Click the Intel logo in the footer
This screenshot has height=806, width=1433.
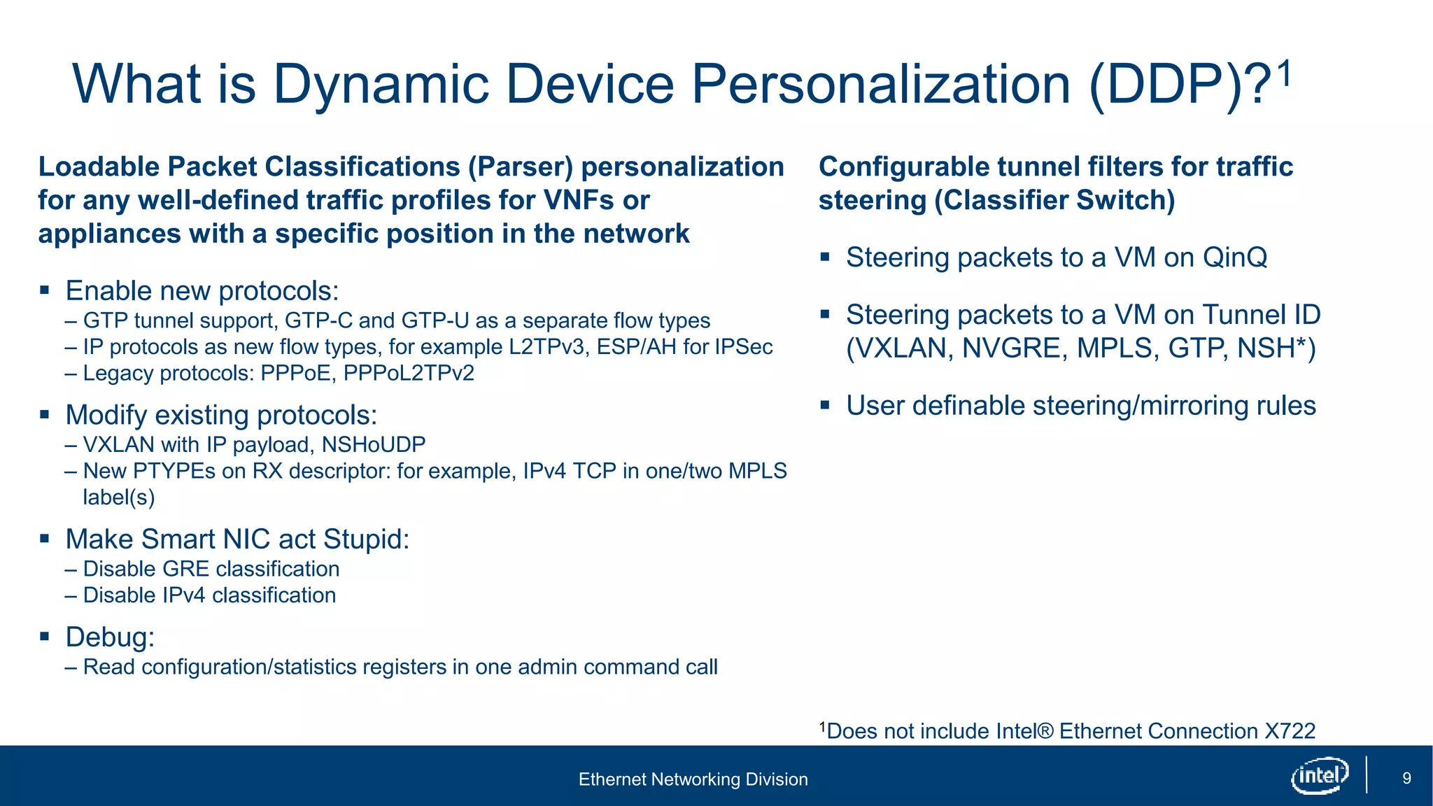click(1320, 776)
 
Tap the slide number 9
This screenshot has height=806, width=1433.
click(1406, 778)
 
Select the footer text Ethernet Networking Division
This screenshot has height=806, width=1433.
click(693, 779)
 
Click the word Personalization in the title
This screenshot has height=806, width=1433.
click(881, 85)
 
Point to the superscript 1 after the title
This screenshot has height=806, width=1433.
click(1283, 73)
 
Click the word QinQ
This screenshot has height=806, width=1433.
click(1234, 257)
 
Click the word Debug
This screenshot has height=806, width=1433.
click(109, 637)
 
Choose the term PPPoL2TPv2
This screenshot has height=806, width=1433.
click(409, 373)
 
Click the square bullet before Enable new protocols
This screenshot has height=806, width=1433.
click(45, 290)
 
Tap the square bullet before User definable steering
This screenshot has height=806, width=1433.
click(825, 404)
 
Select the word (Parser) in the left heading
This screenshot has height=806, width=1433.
click(521, 167)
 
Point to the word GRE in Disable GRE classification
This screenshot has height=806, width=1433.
click(185, 569)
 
